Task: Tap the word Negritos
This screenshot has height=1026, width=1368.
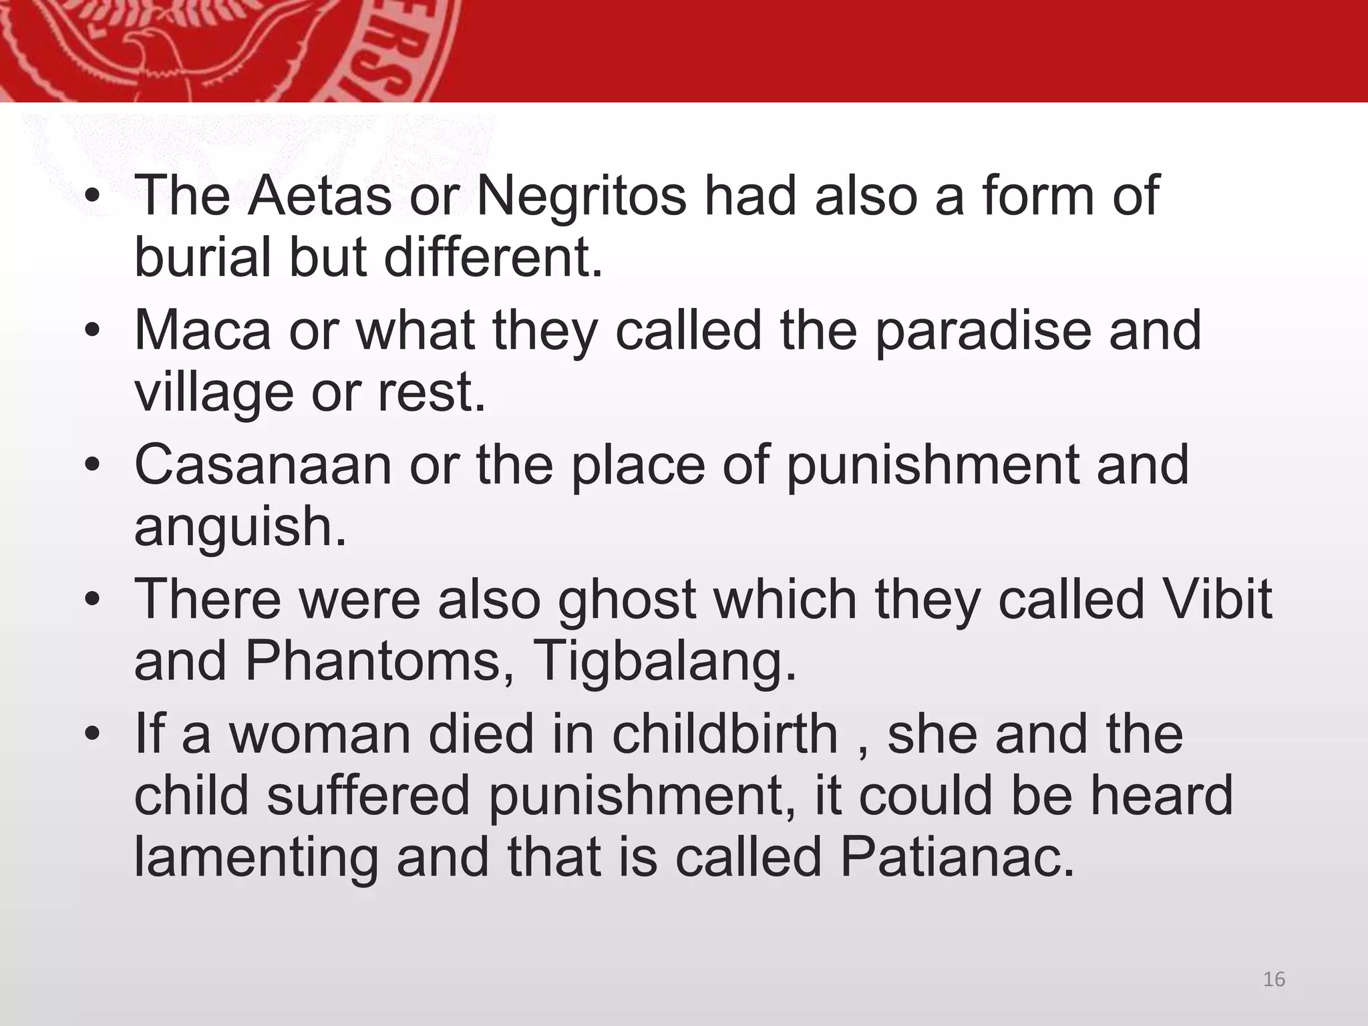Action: (580, 196)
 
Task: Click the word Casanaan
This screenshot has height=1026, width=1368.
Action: (263, 465)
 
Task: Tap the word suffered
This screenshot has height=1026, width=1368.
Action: (369, 796)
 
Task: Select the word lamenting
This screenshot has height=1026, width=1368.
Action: (256, 858)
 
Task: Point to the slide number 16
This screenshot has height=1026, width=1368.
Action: (1274, 979)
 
